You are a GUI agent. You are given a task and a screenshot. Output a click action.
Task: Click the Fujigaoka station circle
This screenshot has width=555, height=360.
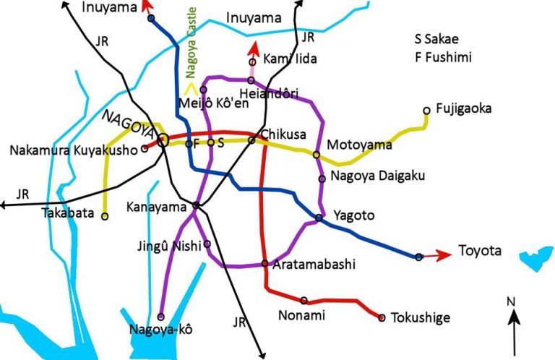426,111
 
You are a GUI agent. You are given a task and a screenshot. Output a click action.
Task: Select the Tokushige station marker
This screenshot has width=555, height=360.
382,317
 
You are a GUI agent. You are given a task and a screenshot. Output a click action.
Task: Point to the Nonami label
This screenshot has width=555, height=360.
302,315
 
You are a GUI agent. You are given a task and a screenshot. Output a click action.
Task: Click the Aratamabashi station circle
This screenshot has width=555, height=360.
265,263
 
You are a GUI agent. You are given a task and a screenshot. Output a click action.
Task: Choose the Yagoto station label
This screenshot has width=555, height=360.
354,215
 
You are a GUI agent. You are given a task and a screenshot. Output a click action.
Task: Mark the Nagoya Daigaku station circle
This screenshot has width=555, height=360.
322,178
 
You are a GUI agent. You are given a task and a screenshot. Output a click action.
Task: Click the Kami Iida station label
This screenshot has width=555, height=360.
287,58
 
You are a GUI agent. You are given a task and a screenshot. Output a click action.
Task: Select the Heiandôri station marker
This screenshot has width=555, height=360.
251,80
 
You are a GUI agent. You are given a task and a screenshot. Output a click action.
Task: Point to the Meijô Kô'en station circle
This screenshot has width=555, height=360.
204,90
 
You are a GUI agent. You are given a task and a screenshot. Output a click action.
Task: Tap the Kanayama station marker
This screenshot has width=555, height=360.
196,205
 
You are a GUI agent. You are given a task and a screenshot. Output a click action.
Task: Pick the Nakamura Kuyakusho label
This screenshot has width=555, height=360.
74,151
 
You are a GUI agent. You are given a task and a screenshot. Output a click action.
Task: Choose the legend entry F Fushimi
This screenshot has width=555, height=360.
442,56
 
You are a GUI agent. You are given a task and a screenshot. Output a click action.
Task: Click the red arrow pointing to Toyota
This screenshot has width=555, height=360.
437,254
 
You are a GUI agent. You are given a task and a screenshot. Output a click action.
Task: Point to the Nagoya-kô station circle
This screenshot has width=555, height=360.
161,317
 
